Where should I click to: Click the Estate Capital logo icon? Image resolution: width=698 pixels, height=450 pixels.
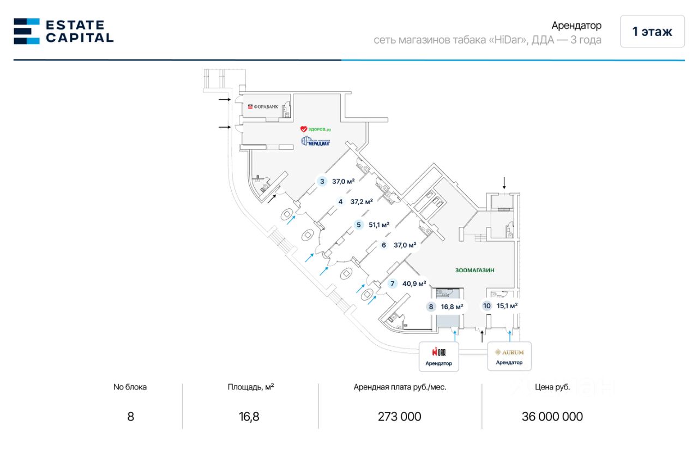27,31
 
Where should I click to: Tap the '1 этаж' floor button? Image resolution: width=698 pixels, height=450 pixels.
652,32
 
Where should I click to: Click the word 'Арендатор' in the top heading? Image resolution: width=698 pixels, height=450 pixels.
576,26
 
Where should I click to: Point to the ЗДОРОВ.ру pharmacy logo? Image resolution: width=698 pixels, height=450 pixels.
316,129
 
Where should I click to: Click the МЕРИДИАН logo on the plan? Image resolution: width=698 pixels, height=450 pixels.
316,142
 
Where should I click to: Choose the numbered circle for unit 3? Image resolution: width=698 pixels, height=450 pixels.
322,182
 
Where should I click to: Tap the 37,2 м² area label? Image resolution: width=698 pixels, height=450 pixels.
362,201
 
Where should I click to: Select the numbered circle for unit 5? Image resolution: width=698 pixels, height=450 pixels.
358,224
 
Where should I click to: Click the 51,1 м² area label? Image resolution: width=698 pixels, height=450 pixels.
378,224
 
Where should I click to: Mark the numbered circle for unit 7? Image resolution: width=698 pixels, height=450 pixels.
392,284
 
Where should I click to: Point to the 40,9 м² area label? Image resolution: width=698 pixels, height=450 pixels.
414,284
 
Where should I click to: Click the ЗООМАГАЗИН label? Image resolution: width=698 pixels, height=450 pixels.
478,270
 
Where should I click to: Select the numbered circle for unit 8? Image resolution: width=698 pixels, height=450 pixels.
431,307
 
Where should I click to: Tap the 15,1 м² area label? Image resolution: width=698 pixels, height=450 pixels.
507,306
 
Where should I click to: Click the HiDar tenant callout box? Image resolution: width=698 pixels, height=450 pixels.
439,356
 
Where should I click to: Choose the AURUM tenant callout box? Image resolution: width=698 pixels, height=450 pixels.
509,356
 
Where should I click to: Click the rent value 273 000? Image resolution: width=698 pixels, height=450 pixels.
400,417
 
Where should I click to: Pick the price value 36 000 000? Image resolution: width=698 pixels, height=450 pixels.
552,417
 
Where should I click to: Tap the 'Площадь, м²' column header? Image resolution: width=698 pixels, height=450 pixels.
251,387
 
